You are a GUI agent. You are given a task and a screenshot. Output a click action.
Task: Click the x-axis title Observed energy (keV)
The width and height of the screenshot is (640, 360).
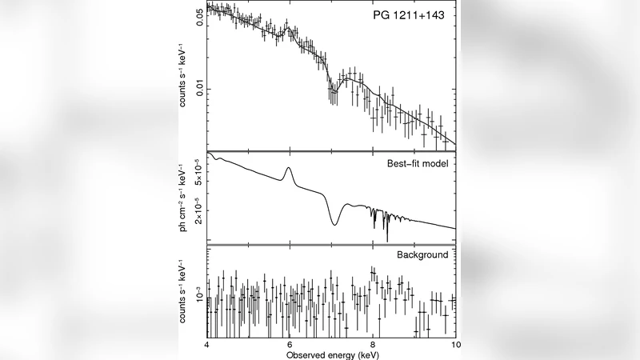click(x=330, y=353)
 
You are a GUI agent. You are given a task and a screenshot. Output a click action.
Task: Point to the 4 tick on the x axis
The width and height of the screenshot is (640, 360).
click(x=207, y=344)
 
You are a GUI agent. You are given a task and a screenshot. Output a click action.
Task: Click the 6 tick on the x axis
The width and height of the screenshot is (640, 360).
click(x=290, y=344)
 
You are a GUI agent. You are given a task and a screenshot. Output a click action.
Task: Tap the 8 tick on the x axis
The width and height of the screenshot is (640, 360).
click(x=374, y=344)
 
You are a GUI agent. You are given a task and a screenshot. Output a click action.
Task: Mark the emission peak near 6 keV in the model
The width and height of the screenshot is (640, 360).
click(x=289, y=167)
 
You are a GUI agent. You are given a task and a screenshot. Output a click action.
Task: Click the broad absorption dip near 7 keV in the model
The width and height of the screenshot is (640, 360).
click(x=334, y=224)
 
